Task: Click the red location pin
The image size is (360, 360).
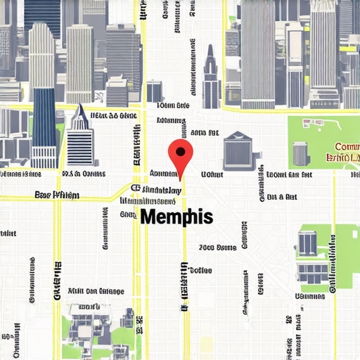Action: tap(180, 157)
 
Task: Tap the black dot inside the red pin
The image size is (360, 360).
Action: tap(180, 150)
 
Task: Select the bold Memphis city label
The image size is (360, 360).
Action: tap(176, 217)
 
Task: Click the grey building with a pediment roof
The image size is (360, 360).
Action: tap(238, 150)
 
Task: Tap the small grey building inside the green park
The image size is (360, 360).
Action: tap(301, 153)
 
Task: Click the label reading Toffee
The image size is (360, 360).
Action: tap(200, 270)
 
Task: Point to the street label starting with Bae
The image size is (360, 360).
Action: tap(57, 195)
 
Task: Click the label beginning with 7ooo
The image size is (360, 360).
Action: tap(217, 247)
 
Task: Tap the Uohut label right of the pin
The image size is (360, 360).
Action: tap(212, 174)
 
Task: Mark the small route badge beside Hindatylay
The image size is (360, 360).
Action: tap(134, 188)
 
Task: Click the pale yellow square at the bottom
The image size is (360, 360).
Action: tap(206, 344)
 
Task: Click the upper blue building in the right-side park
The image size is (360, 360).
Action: tap(307, 243)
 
